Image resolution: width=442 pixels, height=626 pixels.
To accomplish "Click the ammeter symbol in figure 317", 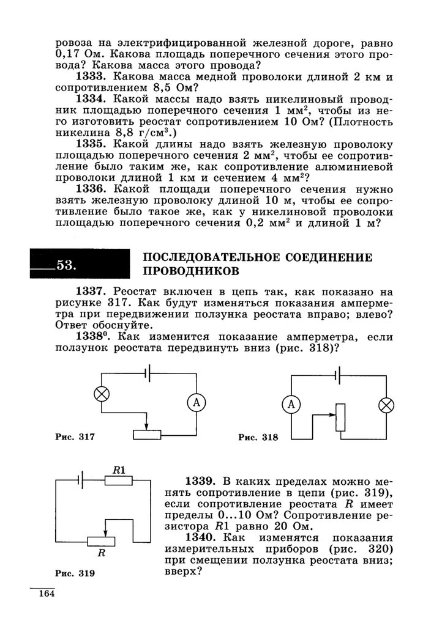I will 197,402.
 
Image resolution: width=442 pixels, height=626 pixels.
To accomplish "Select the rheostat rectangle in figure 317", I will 147,435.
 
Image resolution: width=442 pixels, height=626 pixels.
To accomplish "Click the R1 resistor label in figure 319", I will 119,470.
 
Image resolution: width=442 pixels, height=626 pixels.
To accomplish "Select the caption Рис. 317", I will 75,437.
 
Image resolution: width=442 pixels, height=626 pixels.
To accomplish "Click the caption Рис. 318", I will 258,437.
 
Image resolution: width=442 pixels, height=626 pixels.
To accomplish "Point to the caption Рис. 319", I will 75,573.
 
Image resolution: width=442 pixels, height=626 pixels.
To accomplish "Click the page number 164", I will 47,594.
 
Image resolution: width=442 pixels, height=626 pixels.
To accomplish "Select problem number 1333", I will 92,77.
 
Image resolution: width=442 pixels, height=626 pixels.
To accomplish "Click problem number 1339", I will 203,482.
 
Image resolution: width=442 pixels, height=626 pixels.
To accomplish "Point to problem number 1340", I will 203,537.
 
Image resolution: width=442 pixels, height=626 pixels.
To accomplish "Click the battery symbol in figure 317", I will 147,372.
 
